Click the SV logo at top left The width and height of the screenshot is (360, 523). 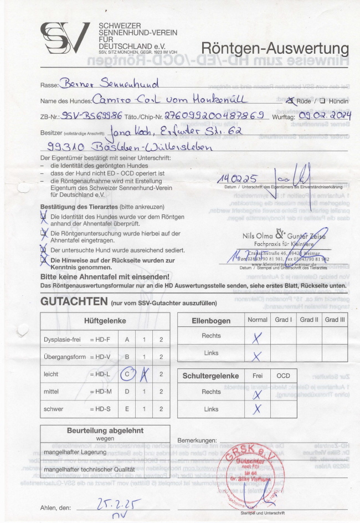point(64,38)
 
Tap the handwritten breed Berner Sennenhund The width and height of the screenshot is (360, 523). point(112,84)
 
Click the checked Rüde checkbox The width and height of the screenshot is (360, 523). point(290,101)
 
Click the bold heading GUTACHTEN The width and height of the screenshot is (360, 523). point(73,302)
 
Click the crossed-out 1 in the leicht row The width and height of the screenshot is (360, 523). point(144,375)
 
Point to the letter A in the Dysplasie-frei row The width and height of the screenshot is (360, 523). point(127,339)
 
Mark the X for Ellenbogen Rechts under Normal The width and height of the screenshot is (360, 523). point(256,336)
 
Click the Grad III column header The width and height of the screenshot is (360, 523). point(335,320)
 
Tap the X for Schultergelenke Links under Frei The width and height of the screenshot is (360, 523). point(256,409)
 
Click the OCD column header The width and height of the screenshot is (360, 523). point(283,375)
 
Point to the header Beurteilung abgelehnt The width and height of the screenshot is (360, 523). point(105,430)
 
